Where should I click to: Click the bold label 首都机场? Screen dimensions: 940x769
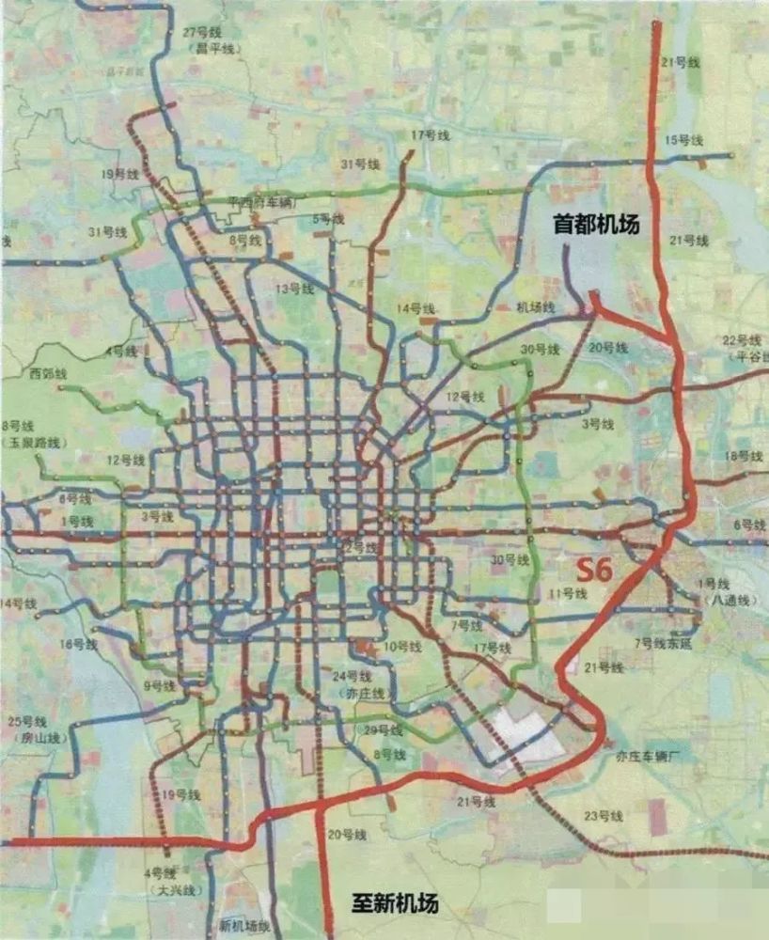(x=596, y=225)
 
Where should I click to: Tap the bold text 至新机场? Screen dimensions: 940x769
(x=395, y=904)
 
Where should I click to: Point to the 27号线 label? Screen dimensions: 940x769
(x=201, y=32)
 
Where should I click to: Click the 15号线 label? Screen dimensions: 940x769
(x=683, y=140)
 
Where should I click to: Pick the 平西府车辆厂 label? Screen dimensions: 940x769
(x=262, y=201)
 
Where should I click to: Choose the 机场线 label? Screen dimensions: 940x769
(x=536, y=307)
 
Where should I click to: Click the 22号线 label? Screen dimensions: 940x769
(x=741, y=339)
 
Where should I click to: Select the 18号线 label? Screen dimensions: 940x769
(x=743, y=456)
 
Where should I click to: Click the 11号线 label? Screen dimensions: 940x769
(x=568, y=593)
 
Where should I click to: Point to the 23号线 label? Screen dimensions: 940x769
(x=604, y=815)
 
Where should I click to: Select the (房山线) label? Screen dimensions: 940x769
(x=37, y=738)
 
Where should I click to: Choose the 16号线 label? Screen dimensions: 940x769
(x=78, y=644)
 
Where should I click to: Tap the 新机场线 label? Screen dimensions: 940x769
(x=244, y=926)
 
